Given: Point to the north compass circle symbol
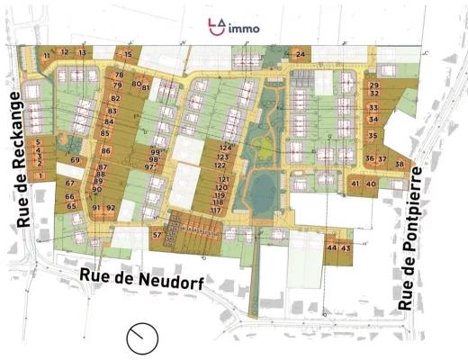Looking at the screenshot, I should tap(140, 338).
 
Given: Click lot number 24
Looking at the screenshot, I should tap(301, 55).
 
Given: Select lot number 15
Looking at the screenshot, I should tap(128, 55).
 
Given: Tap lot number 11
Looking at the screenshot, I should tap(47, 55).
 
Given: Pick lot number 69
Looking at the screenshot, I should tap(75, 160).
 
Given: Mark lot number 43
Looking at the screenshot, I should tap(346, 247).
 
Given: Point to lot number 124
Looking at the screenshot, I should tap(225, 148).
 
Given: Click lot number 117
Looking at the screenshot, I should tap(216, 211).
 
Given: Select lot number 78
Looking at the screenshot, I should tap(118, 75).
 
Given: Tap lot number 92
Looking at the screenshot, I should tap(111, 208).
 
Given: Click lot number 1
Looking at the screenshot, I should tap(40, 176).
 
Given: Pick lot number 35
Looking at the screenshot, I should tap(373, 136).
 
